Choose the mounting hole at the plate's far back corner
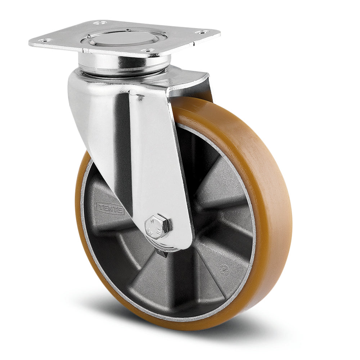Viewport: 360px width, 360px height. click(x=102, y=23)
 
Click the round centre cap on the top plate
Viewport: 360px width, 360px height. click(x=124, y=37)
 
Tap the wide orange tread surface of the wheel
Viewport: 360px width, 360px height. click(x=274, y=202)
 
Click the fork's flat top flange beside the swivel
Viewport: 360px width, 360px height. click(x=187, y=77)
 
